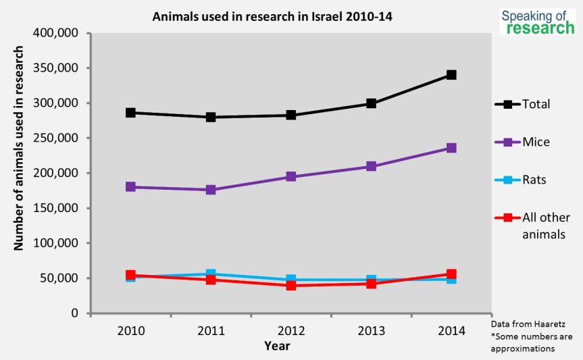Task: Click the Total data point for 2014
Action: (x=451, y=75)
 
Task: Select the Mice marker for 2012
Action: (x=291, y=176)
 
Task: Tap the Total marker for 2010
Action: (x=130, y=113)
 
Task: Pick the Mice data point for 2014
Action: (x=451, y=148)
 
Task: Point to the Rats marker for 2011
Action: (x=211, y=274)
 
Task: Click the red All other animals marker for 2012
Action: (x=291, y=286)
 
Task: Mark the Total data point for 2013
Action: (x=371, y=103)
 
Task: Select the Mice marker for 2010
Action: (x=130, y=187)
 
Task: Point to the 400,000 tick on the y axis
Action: (x=56, y=33)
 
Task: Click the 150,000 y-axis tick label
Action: (x=56, y=208)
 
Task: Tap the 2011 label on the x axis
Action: (x=211, y=330)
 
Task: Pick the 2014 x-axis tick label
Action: (x=451, y=330)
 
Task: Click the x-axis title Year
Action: (x=277, y=346)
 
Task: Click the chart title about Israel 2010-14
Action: (x=272, y=16)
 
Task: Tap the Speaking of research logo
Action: (x=537, y=22)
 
